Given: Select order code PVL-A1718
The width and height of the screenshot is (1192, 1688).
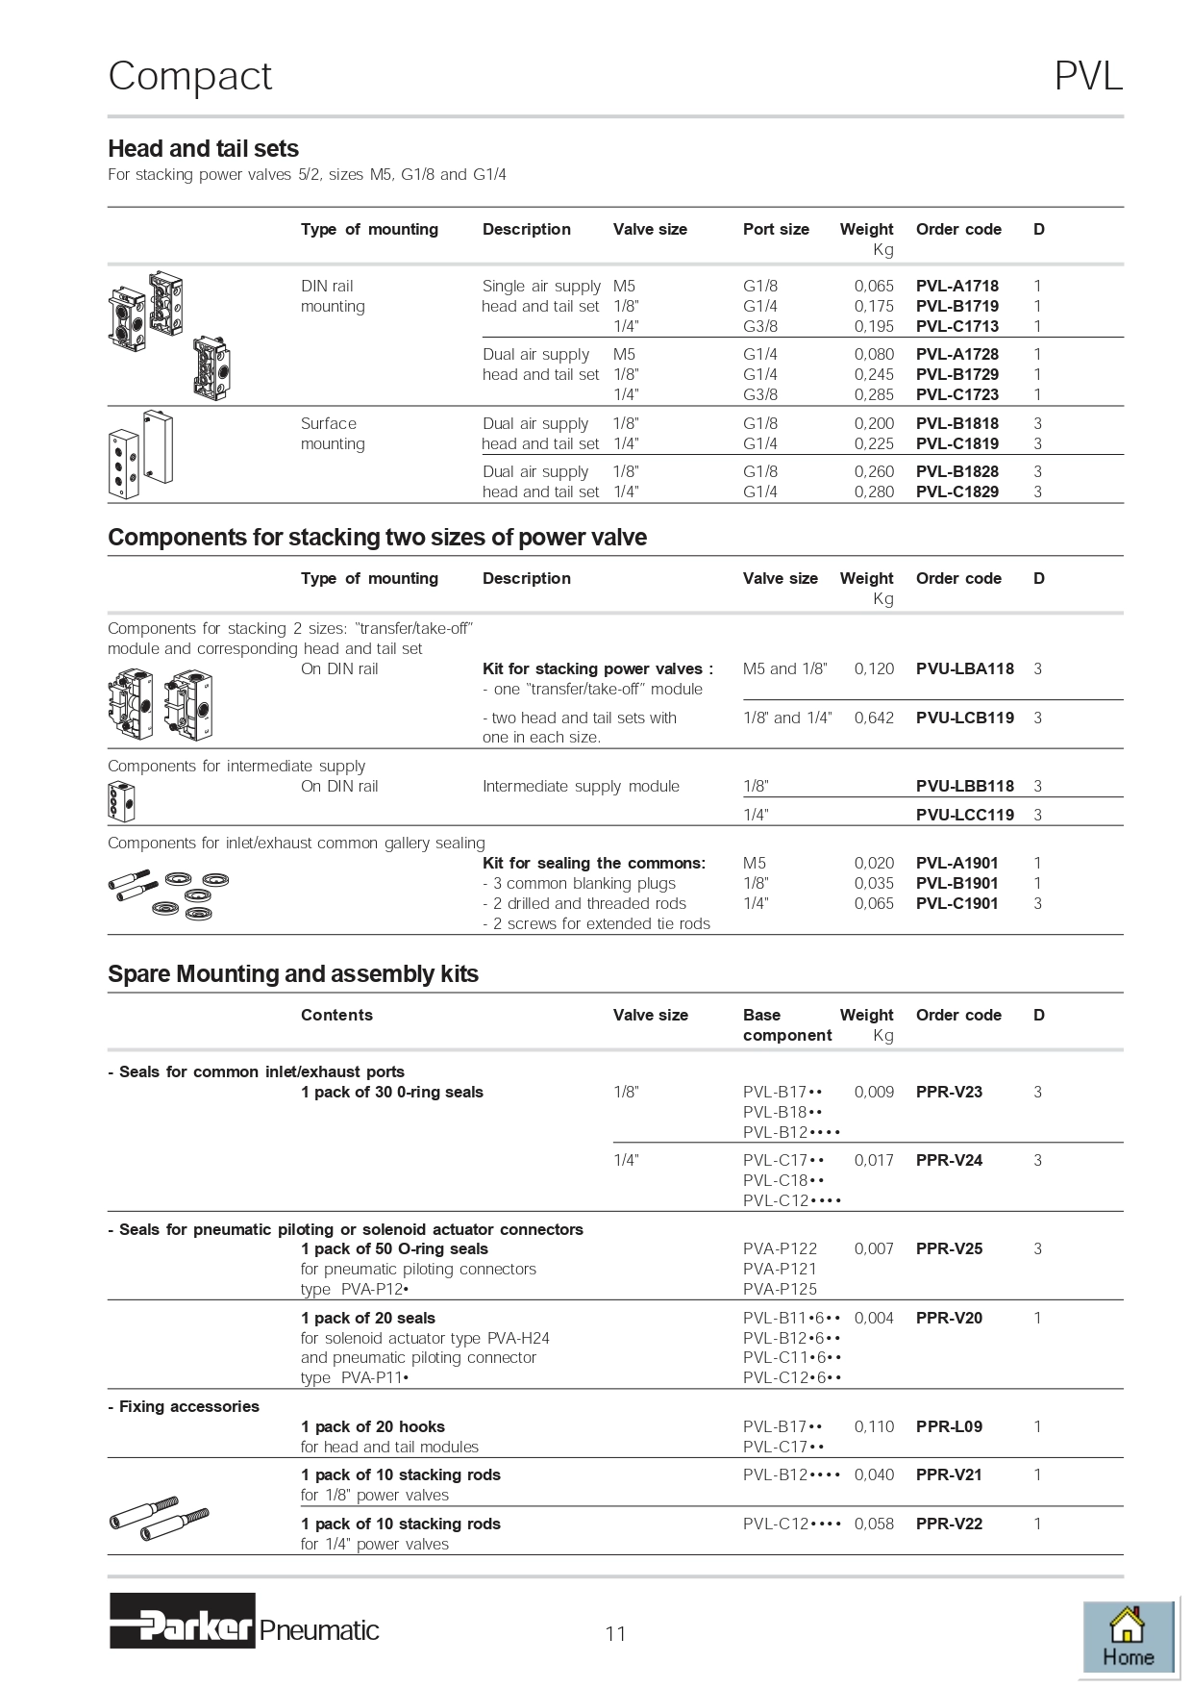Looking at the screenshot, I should pos(956,286).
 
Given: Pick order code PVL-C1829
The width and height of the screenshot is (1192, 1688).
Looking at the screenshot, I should pos(956,491).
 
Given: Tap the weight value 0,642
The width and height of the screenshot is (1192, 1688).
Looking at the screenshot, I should pos(874,718).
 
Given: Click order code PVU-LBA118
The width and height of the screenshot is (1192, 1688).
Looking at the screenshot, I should pos(964,668).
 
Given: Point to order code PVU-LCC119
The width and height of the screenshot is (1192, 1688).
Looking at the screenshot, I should pos(964,815).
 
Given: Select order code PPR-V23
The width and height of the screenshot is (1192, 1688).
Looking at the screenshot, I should pos(949,1092).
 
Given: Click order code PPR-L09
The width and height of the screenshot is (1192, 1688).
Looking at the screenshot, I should pos(949,1426).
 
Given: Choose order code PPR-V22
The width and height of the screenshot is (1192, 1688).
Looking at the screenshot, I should pos(949,1524).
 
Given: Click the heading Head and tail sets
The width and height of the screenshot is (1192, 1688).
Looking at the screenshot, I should pos(203,149).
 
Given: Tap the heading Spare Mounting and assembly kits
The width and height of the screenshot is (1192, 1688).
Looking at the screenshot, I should pos(293,974).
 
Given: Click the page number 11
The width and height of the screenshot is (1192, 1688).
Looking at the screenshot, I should pos(615,1633).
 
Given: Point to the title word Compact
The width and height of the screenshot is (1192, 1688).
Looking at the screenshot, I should pos(190,77).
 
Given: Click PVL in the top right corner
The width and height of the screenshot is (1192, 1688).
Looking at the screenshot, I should pos(1088,77).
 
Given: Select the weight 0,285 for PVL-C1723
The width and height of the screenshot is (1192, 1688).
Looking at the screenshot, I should pos(874,394).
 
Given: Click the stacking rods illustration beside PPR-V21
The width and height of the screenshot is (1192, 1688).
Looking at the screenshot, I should pos(160,1518).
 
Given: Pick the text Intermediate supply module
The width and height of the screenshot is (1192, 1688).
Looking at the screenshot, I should pos(581,786).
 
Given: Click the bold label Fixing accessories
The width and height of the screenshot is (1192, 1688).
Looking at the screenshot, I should pos(188,1406).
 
